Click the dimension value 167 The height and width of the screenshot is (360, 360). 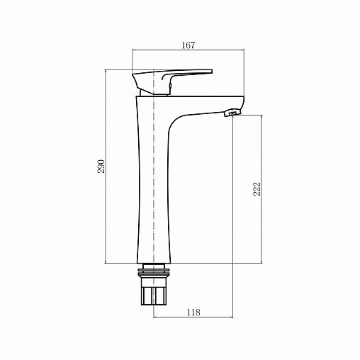click(189, 45)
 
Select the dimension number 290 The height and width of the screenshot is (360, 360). click(101, 167)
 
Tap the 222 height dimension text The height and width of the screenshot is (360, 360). click(257, 188)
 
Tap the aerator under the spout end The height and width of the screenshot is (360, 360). click(232, 113)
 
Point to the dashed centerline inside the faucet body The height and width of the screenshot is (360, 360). click(153, 177)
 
